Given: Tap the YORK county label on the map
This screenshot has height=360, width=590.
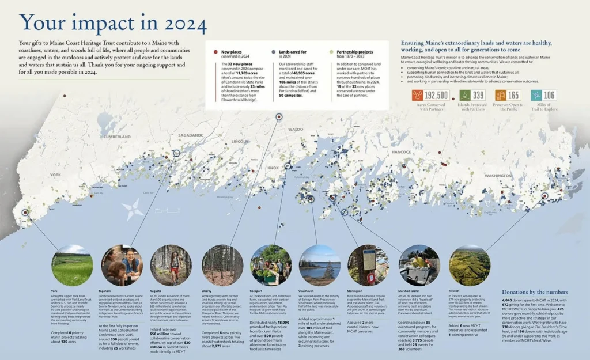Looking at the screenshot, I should coord(56,175).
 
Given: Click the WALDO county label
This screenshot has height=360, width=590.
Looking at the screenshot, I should coord(295,130).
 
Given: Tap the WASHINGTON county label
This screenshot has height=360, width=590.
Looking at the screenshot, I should coord(497,175).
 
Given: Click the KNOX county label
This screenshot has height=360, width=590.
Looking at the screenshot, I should coord(273,168).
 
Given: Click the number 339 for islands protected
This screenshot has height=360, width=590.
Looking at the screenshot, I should coord(478,95).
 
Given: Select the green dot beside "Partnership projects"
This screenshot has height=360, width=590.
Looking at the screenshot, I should coord(331,52).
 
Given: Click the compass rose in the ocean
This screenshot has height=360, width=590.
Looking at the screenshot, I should coord(133,209).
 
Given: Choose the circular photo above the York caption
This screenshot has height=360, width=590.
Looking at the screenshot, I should coord(71,266).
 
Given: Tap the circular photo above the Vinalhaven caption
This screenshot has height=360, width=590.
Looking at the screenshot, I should coord(320,266).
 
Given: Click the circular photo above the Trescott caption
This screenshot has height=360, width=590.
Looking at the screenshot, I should coord(470,266).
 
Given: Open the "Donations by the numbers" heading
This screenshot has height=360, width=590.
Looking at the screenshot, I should coord(535,292).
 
